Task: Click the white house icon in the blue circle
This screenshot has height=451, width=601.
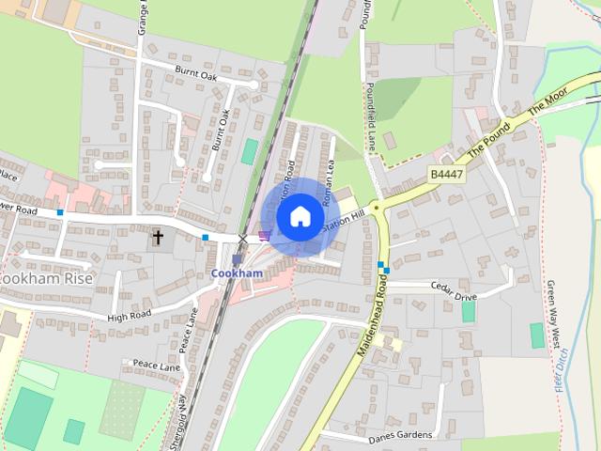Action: click(x=299, y=216)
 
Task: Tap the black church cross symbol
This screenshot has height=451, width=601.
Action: click(x=158, y=238)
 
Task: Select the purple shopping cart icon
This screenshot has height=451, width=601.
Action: click(x=264, y=236)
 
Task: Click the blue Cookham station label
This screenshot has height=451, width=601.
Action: click(x=237, y=272)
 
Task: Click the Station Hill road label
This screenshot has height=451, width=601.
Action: click(x=344, y=222)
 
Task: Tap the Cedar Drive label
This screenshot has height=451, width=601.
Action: click(x=454, y=297)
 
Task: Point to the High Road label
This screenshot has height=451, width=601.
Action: click(x=129, y=317)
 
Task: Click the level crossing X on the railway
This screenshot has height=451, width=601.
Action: click(x=243, y=238)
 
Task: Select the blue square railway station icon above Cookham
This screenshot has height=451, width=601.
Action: click(x=237, y=258)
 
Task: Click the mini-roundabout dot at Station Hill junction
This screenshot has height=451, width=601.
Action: click(x=375, y=207)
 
